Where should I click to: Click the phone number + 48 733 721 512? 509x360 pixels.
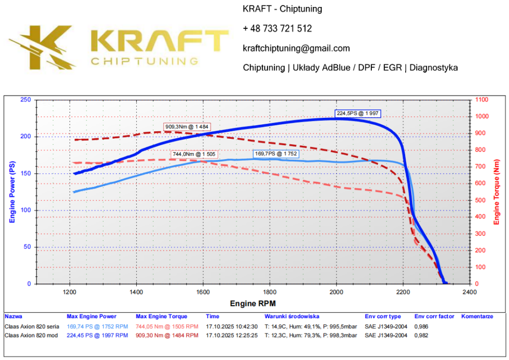pos(277,29)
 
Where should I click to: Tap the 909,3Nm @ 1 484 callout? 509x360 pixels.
pos(187,127)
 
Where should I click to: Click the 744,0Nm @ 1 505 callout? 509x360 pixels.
pos(193,154)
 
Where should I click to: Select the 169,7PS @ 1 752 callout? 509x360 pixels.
pos(276,154)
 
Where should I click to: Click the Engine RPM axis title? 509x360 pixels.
pos(253,303)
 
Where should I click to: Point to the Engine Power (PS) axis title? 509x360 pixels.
pos(13,191)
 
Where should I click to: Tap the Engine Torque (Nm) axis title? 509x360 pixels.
pos(496,191)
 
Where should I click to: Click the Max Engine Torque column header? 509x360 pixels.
pos(161,316)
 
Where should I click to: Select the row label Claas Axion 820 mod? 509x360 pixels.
pos(31,335)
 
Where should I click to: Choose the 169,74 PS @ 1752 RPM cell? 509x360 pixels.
pos(97,327)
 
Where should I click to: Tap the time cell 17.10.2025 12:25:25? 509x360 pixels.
pos(232,335)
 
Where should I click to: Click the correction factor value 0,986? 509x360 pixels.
pos(421,327)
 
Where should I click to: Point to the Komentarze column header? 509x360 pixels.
pos(477,316)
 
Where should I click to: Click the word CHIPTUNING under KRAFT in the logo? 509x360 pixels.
pos(144,61)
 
